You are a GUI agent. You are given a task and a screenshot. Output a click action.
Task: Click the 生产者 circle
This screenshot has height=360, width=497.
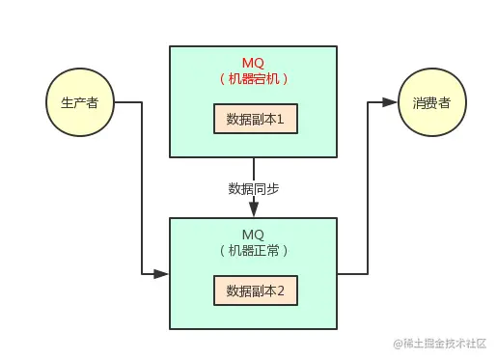pos(79,102)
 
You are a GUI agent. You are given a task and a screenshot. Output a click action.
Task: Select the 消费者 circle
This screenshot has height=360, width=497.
pos(430,102)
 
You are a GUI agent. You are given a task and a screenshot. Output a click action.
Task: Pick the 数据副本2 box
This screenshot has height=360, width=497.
pos(255,290)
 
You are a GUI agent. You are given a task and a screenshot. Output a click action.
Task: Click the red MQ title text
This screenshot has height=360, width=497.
pos(253,63)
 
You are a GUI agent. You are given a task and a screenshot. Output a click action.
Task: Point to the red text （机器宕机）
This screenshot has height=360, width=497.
pos(254,79)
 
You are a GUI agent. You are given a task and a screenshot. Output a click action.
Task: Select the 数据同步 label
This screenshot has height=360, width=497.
pos(254,188)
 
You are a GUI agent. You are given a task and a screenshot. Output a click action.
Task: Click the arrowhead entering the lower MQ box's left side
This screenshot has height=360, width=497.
pos(162,274)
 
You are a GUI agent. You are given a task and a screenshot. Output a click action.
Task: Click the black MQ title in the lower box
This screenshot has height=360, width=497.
pos(253,235)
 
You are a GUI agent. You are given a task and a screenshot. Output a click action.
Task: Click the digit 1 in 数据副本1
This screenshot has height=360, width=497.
pos(291,119)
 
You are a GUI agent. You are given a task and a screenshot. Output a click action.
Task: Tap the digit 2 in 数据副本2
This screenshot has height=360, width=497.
pos(280,290)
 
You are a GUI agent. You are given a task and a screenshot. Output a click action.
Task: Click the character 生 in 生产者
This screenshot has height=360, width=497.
pos(67,102)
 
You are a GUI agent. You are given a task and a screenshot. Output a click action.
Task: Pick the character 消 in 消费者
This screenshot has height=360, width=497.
pos(418,102)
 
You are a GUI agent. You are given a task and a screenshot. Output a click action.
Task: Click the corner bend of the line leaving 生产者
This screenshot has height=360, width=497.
pos(142,102)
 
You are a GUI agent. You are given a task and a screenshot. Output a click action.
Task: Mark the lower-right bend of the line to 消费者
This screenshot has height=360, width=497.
pos(368,274)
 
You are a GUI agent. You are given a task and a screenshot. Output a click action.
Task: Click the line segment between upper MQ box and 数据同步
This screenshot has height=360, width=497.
pos(254,168)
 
